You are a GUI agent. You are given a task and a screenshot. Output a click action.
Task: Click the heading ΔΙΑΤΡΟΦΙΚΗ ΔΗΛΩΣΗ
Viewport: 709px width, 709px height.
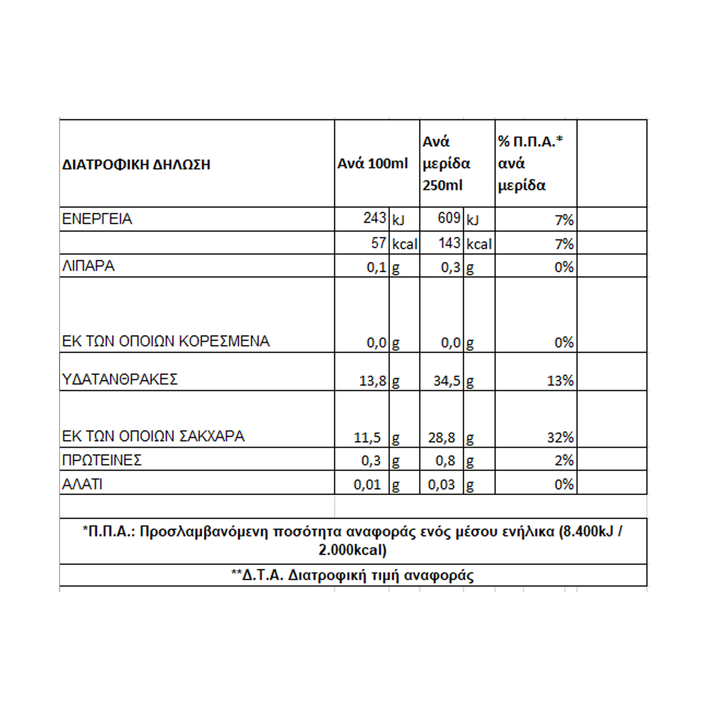click(x=136, y=165)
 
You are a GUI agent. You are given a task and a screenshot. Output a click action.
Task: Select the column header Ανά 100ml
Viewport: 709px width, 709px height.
click(x=372, y=164)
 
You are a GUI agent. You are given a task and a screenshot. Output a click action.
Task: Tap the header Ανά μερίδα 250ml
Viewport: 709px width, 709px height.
click(x=446, y=164)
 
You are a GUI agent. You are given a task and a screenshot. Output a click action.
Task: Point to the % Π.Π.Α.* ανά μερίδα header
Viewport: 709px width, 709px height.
click(x=529, y=164)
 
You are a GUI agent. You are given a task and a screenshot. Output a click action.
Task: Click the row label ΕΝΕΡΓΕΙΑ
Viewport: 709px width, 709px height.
click(x=97, y=219)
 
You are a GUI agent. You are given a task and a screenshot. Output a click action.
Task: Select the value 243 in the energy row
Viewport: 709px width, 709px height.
click(x=375, y=219)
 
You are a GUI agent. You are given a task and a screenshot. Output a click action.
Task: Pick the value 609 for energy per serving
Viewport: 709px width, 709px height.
click(x=449, y=219)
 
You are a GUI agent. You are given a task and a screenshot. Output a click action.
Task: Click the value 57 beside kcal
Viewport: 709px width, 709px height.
click(x=379, y=243)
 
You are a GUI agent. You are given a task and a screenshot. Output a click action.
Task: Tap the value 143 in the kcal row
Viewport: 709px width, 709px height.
click(x=450, y=243)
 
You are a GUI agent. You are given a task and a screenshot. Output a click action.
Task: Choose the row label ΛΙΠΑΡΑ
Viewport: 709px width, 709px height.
click(x=88, y=266)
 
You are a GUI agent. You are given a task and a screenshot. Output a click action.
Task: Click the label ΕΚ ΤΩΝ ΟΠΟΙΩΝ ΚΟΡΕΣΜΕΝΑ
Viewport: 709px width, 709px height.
click(x=165, y=342)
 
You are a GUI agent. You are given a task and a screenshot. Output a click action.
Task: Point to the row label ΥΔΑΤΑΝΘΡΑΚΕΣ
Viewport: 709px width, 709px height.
click(x=119, y=379)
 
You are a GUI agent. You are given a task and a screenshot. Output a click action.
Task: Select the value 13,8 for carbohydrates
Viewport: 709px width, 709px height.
click(x=372, y=381)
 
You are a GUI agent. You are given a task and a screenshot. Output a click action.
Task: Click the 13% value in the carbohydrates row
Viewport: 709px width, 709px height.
click(x=560, y=381)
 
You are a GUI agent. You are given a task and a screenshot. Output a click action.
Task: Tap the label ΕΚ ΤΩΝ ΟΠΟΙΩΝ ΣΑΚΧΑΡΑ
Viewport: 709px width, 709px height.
click(x=153, y=437)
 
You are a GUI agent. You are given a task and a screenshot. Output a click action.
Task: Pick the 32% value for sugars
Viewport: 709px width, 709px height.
click(x=560, y=438)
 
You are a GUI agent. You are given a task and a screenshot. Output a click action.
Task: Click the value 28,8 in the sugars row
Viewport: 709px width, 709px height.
click(x=442, y=438)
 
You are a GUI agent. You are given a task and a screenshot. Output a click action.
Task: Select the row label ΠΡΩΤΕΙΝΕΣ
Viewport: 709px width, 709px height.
click(x=102, y=460)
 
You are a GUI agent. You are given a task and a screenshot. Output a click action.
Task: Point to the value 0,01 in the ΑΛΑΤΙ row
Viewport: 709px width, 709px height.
click(x=367, y=485)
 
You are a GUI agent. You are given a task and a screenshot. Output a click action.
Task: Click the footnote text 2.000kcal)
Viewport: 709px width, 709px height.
click(x=353, y=550)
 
